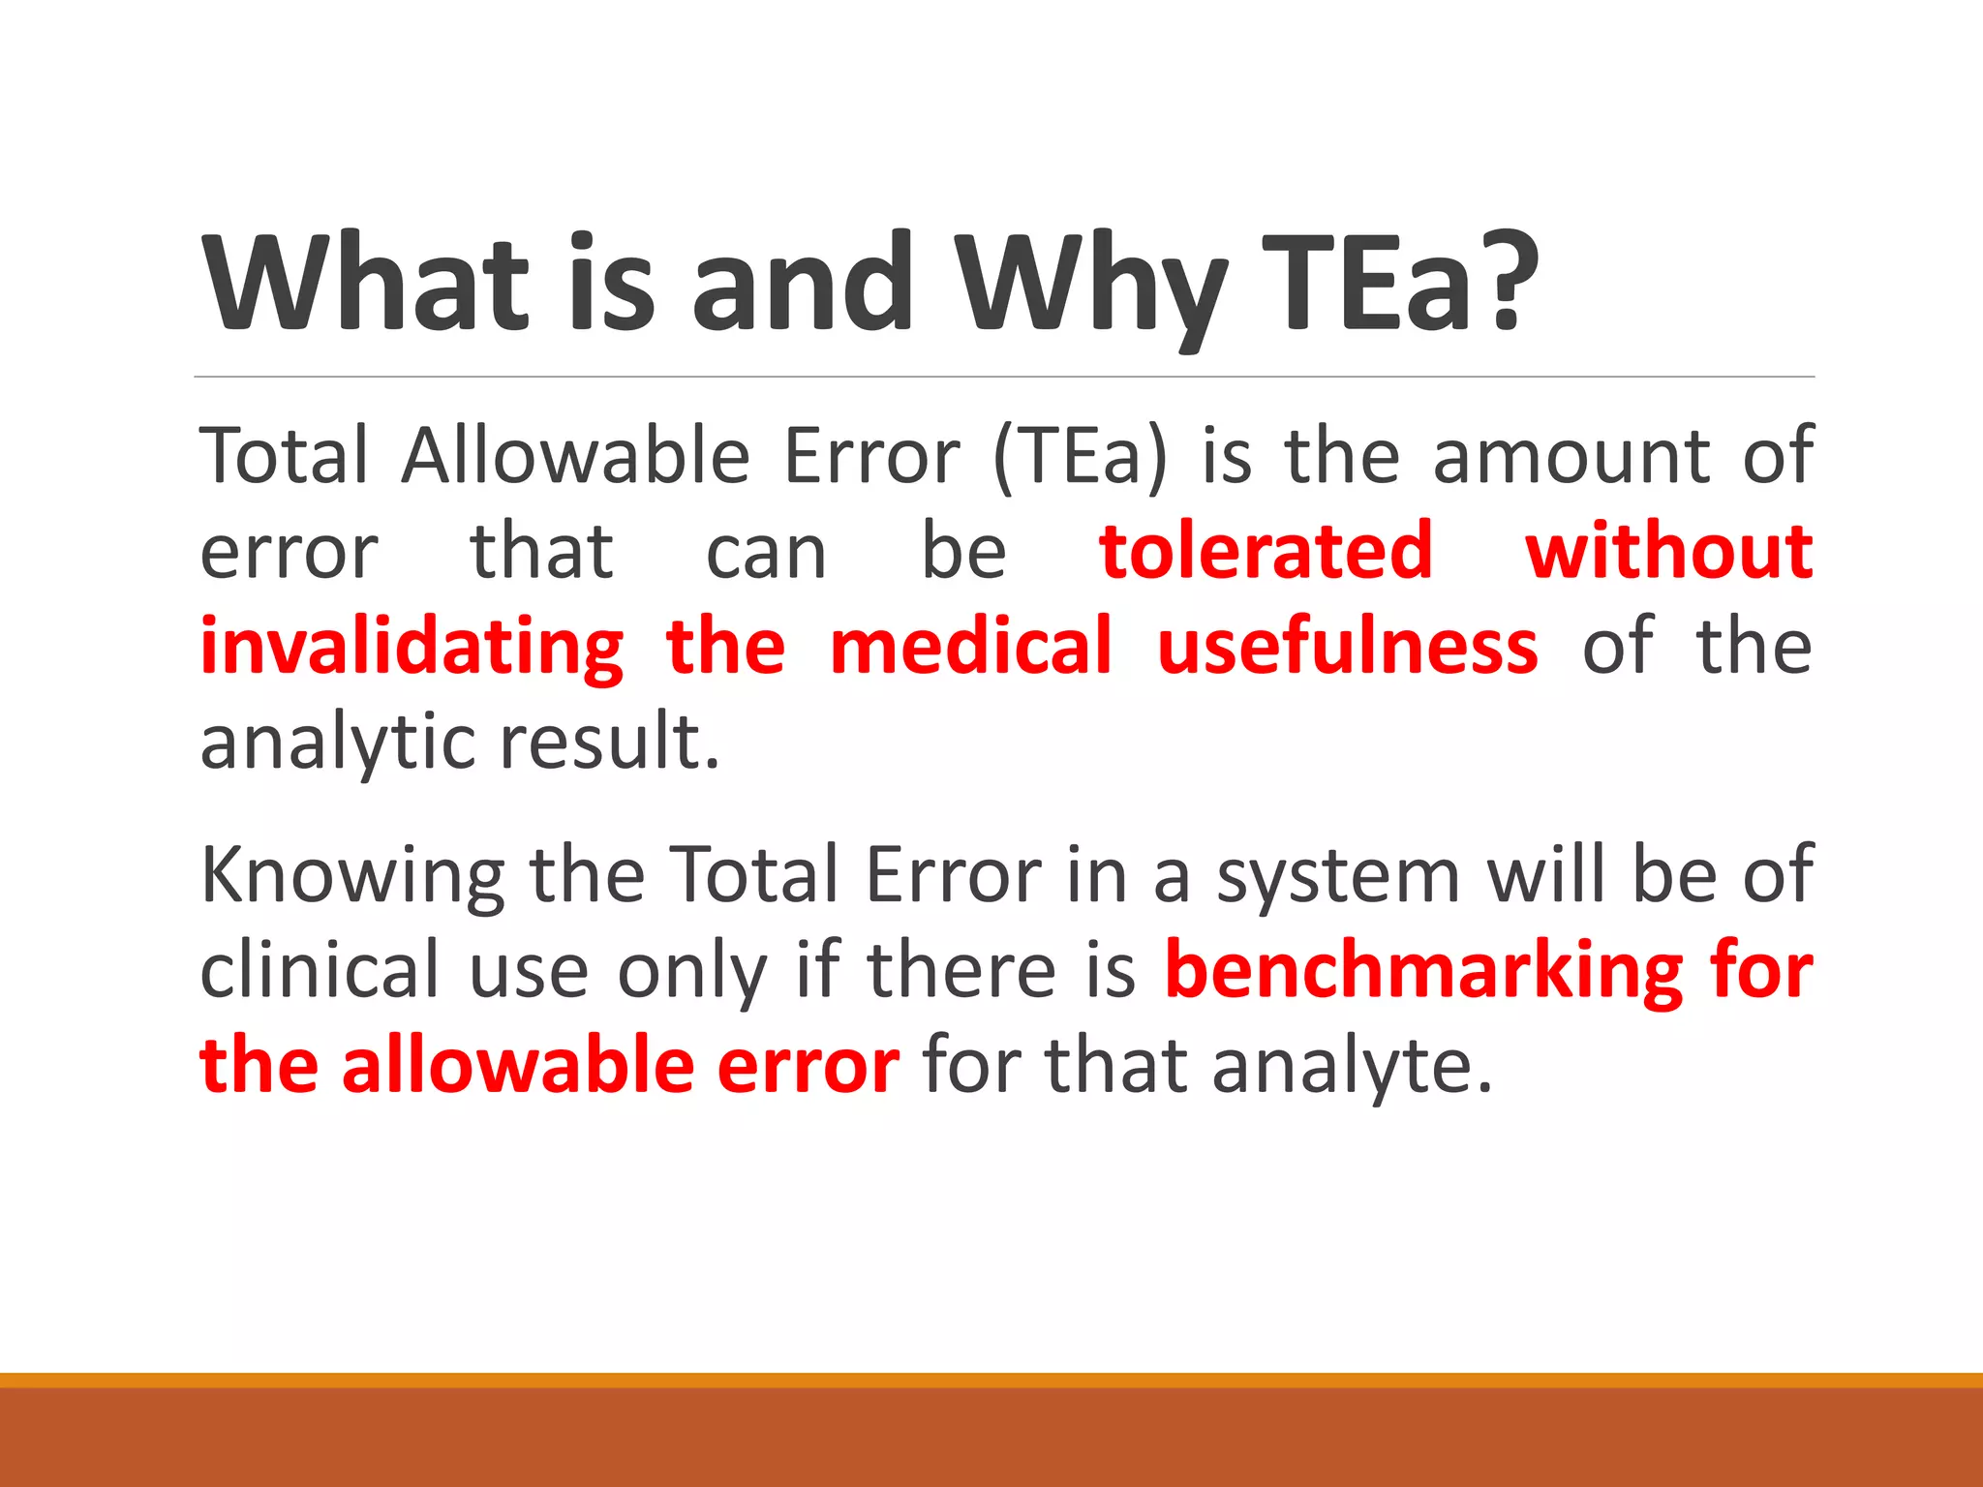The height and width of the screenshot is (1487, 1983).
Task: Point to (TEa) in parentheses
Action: coord(1080,457)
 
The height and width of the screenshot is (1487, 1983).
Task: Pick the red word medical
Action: coord(971,647)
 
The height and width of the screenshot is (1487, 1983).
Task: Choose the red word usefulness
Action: coord(1347,647)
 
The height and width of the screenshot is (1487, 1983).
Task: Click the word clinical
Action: coord(320,970)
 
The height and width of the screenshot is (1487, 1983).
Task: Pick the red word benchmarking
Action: coord(1423,970)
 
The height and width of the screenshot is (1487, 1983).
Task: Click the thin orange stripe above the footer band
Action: coord(991,1380)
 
